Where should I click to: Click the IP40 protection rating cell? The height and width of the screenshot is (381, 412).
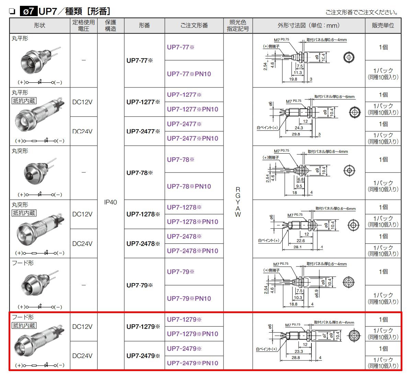(x=111, y=202)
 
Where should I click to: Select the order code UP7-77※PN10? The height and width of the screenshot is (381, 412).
(x=189, y=74)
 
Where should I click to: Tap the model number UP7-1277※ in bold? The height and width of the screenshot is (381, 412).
(x=143, y=102)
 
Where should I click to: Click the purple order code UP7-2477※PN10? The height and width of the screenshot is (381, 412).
(x=192, y=138)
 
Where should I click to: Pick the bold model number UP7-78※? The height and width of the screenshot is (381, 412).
(x=140, y=172)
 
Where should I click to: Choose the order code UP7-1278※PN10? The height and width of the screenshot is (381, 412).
(x=192, y=222)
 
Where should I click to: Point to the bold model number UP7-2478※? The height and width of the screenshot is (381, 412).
(x=143, y=243)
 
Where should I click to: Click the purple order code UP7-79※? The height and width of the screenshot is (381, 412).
(x=181, y=272)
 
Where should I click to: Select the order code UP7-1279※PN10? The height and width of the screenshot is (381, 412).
(x=192, y=334)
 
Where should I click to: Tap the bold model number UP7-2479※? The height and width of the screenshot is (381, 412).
(x=143, y=356)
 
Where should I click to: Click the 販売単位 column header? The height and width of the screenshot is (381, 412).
(x=383, y=25)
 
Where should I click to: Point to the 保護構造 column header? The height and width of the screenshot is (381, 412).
(x=111, y=25)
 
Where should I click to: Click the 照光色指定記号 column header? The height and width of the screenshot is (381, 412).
(x=238, y=25)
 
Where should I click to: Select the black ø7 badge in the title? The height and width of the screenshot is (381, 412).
(x=28, y=11)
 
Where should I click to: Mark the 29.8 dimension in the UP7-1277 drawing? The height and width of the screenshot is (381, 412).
(x=296, y=134)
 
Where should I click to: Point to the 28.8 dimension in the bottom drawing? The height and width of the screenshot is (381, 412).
(x=296, y=357)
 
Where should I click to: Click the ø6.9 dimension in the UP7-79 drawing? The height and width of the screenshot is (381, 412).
(x=317, y=293)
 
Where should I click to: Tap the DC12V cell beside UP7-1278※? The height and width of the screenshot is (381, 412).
(x=82, y=214)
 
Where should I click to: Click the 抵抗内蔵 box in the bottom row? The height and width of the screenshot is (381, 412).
(x=24, y=325)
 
